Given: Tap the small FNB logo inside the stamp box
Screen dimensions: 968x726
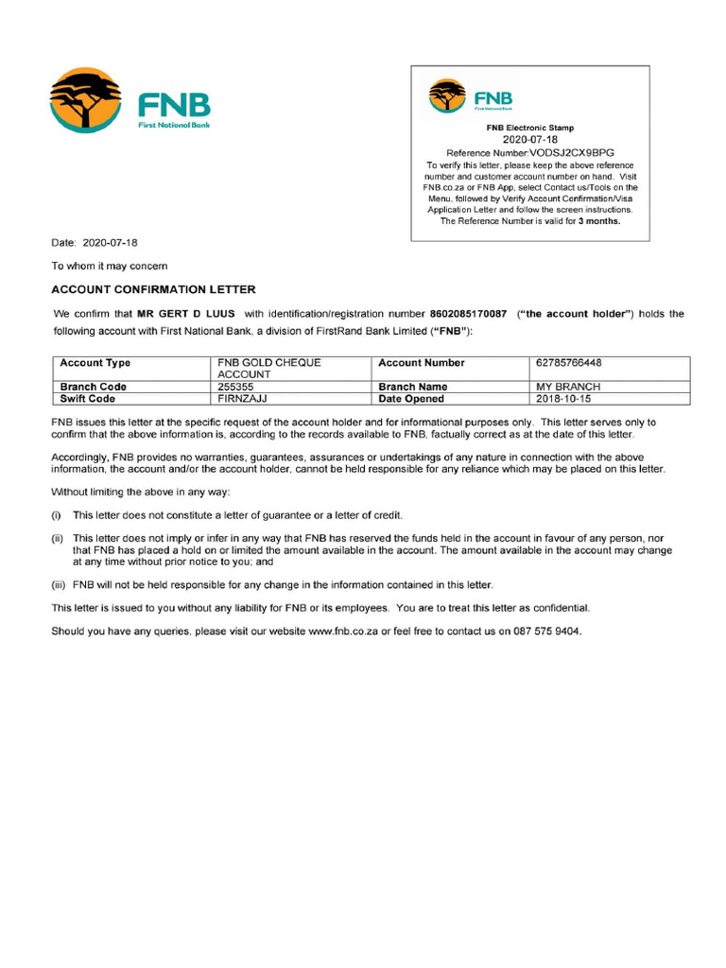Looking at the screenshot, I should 447,95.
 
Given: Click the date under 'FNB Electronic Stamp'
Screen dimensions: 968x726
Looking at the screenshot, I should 529,139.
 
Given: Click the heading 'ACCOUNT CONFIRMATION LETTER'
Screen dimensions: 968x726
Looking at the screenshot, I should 153,289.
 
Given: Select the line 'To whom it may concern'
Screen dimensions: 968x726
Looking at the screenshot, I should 110,267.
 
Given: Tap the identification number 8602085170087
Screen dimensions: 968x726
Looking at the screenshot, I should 468,314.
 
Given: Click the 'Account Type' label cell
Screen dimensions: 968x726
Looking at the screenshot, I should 95,363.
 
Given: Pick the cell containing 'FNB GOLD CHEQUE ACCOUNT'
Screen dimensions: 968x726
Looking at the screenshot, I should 269,368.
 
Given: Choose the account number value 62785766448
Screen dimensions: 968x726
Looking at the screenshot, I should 569,363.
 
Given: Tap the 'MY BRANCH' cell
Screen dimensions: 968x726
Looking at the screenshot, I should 568,387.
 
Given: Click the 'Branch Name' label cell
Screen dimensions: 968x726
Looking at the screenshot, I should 413,387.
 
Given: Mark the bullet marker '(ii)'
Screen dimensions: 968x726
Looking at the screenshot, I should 58,538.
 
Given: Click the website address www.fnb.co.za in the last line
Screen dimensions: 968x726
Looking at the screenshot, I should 343,631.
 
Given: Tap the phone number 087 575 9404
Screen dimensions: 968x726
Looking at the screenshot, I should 543,631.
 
